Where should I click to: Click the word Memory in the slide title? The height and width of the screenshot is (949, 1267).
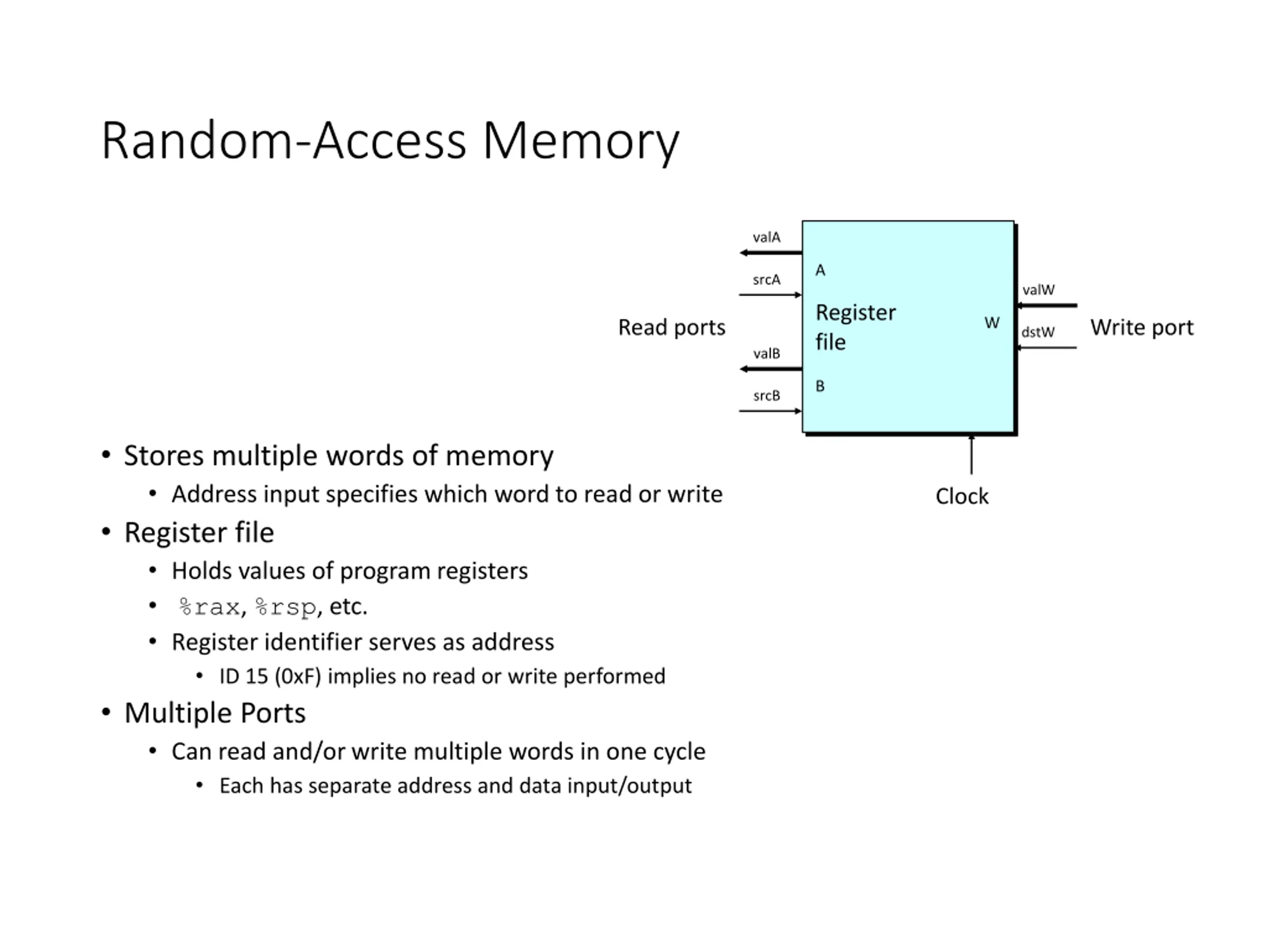[x=581, y=142]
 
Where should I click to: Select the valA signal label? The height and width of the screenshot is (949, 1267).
[x=766, y=237]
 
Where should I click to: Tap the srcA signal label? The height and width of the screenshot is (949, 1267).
[x=766, y=280]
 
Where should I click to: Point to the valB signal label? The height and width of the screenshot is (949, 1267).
[x=766, y=353]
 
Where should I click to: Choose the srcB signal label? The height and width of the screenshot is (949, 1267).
[x=766, y=396]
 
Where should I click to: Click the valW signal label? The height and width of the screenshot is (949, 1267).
[x=1038, y=290]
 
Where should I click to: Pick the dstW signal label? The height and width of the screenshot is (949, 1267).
[x=1038, y=332]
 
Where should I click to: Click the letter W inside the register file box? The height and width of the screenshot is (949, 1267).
[x=992, y=323]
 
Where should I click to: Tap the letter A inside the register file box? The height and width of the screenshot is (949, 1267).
[x=820, y=270]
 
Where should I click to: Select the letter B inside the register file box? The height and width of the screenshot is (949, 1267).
[x=820, y=386]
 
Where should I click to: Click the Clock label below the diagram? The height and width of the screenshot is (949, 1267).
[x=962, y=496]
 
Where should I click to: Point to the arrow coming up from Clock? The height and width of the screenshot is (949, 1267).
[x=972, y=454]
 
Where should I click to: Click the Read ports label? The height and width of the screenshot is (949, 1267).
[x=672, y=328]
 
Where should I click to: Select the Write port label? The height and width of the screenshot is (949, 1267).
[x=1142, y=328]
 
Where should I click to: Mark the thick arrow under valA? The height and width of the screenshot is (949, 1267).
[x=771, y=252]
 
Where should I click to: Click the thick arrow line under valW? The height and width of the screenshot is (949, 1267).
[x=1046, y=306]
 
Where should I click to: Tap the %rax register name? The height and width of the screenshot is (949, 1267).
[x=209, y=607]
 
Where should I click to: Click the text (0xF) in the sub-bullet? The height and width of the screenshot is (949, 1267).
[x=298, y=676]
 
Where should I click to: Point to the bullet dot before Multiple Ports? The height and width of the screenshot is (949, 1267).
[x=106, y=713]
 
